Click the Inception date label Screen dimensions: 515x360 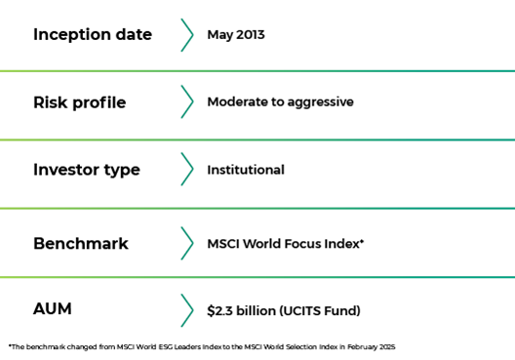(x=93, y=35)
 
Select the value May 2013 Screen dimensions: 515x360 (x=236, y=35)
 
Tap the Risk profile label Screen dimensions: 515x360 (x=79, y=102)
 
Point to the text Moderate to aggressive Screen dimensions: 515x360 (x=281, y=102)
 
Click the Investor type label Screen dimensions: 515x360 (x=87, y=170)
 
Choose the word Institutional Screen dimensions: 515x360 (x=246, y=170)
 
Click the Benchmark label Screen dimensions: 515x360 (x=81, y=243)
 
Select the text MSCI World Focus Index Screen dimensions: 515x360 (x=284, y=244)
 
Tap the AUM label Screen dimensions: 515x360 (x=53, y=308)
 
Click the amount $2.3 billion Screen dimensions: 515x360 (x=242, y=310)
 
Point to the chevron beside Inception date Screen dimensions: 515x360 (x=187, y=35)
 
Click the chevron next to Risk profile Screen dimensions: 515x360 (x=187, y=101)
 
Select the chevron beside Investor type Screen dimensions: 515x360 (x=187, y=169)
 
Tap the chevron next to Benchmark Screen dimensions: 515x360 (x=187, y=243)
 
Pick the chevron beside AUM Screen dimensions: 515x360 (x=187, y=310)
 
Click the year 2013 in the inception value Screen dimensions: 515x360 (x=251, y=35)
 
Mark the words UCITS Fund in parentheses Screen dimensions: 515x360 (x=320, y=310)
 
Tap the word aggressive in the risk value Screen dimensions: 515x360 (x=321, y=102)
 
